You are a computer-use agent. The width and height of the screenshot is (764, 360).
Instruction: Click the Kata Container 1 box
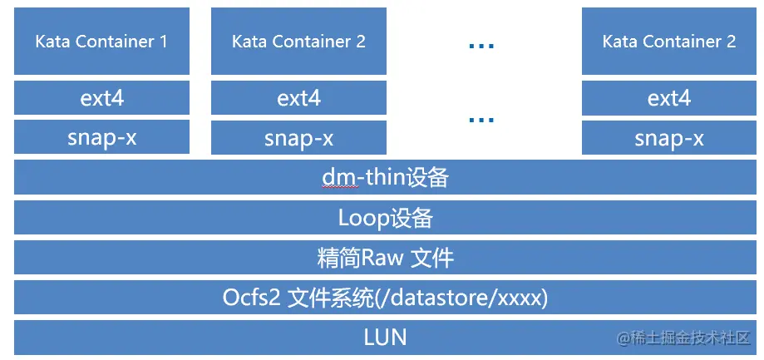(101, 42)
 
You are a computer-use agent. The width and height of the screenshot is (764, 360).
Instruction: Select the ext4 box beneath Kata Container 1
(101, 98)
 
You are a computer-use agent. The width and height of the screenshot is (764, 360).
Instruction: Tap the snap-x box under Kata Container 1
(101, 137)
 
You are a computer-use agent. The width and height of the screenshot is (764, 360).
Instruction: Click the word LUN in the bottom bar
(385, 338)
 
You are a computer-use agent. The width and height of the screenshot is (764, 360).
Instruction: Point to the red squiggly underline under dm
(333, 188)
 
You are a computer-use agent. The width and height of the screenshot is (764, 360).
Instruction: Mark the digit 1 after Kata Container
(163, 42)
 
